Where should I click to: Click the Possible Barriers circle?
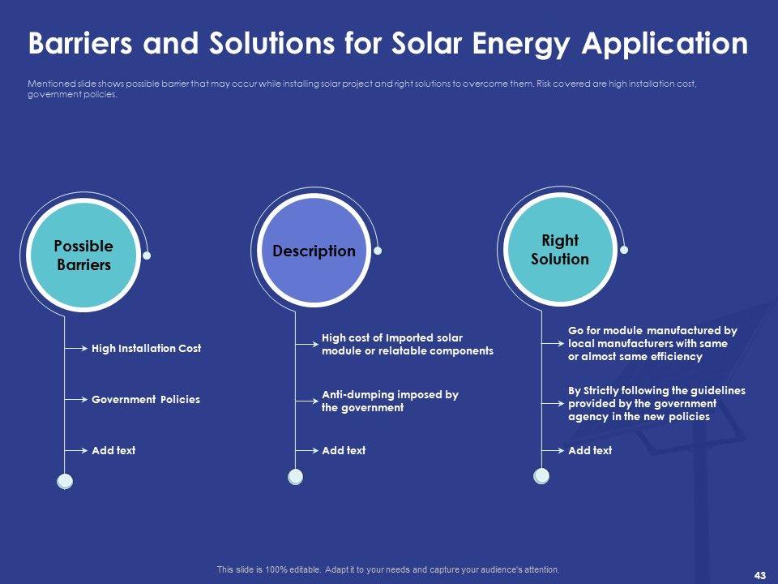coord(83,255)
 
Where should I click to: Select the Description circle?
coord(314,251)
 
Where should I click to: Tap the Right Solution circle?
coord(559,250)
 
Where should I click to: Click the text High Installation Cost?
coord(146,348)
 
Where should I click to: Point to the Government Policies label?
coord(146,399)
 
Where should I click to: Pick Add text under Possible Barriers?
coord(113,450)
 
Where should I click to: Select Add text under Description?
coord(344,450)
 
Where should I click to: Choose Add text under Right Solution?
coord(590,450)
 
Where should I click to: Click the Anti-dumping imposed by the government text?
coord(390,401)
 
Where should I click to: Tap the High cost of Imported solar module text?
coord(407,344)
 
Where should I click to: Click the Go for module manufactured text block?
coord(652,343)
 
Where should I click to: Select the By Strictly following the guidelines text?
coord(656,403)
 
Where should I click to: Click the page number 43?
coord(759,575)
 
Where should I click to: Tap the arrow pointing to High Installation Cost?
coord(77,348)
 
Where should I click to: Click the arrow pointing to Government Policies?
coord(77,399)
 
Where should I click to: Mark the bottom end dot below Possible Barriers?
coord(65,481)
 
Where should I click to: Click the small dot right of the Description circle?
coord(377,251)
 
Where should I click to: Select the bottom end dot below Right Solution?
coord(541,475)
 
